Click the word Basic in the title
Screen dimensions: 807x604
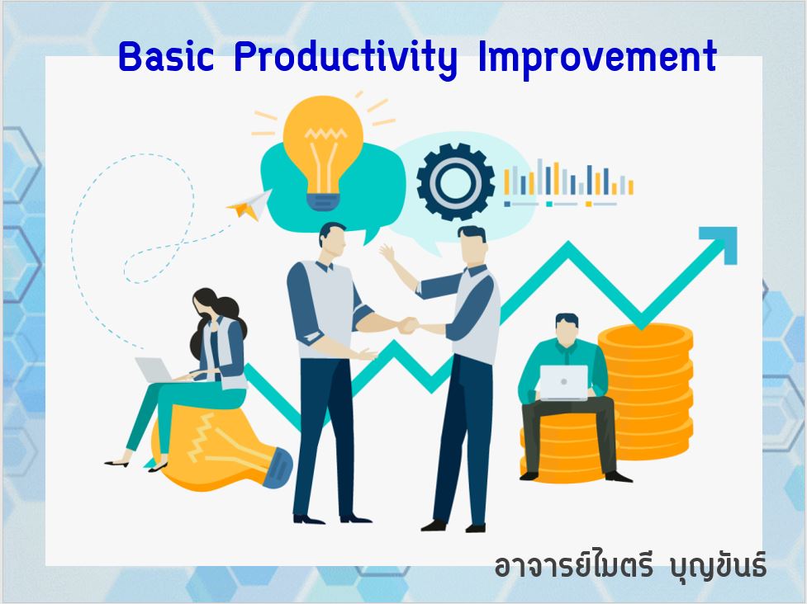tap(166, 56)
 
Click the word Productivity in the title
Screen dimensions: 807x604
tap(345, 59)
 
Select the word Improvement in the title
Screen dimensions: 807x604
tap(597, 59)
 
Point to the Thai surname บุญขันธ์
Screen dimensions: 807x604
tap(719, 565)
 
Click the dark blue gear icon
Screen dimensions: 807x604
tap(455, 182)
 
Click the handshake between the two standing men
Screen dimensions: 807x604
tap(409, 325)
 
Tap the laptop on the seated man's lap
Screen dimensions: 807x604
tap(563, 382)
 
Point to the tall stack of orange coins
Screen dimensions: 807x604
tap(647, 390)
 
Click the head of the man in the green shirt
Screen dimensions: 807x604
tap(567, 329)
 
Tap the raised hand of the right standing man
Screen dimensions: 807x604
tap(387, 252)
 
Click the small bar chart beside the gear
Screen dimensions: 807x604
tap(568, 182)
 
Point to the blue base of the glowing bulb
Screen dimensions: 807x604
tap(323, 202)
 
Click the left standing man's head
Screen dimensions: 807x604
tap(333, 241)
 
